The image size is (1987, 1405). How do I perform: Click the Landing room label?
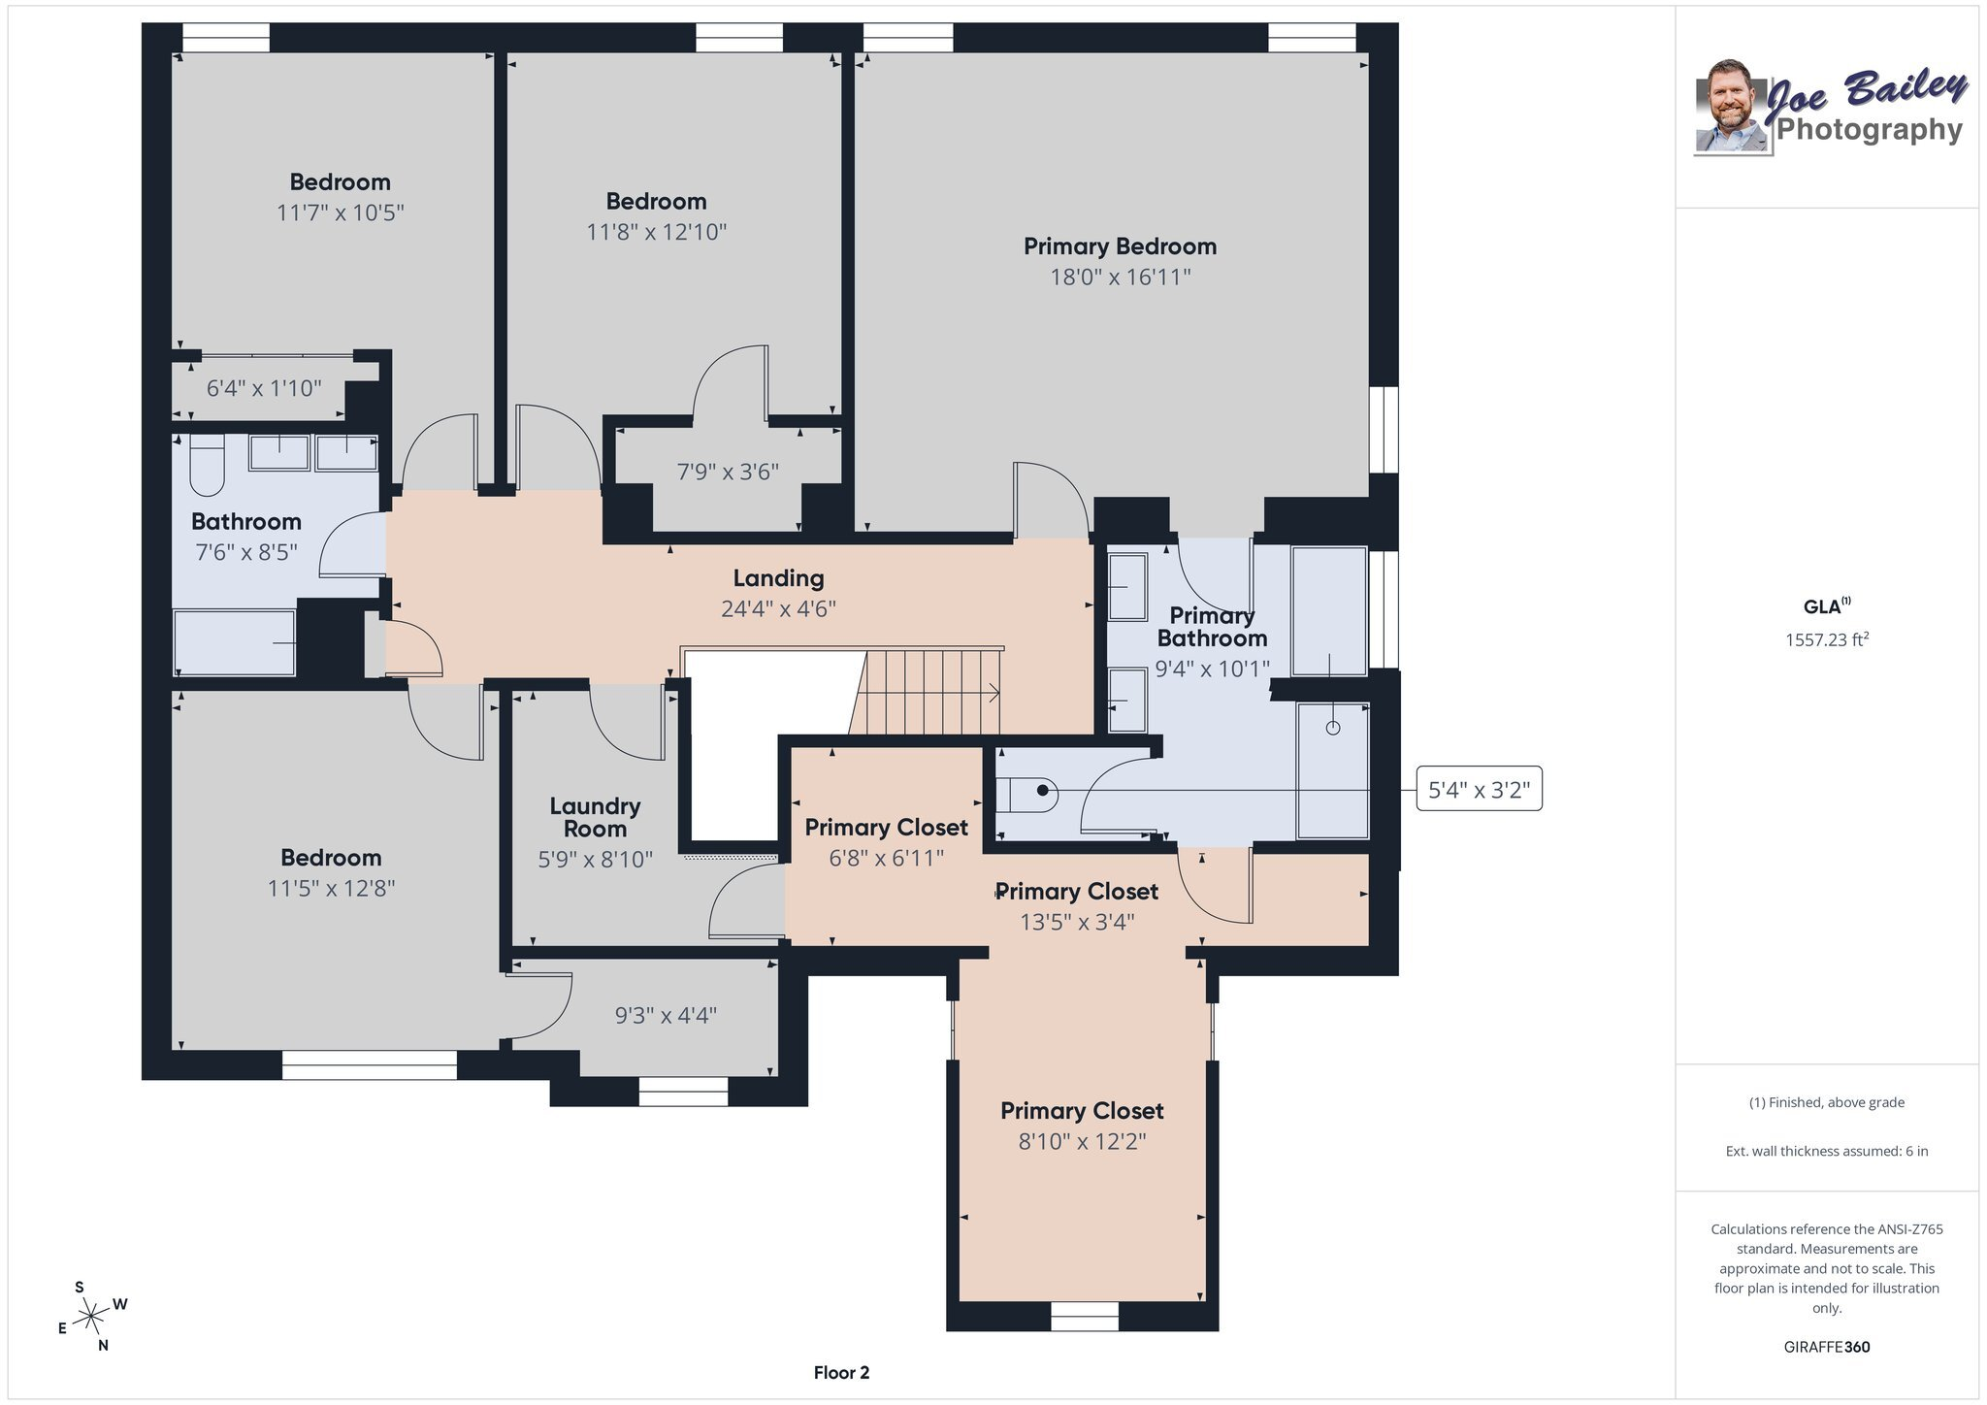tap(778, 578)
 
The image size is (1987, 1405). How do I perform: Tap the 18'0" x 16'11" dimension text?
tap(1121, 278)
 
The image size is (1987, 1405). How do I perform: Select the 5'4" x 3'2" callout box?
tap(1479, 790)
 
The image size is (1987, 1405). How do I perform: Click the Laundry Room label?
tap(595, 817)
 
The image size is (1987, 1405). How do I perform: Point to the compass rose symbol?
tap(91, 1316)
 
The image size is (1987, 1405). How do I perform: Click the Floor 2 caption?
tap(841, 1373)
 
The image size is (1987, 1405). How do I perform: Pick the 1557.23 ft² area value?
tap(1827, 639)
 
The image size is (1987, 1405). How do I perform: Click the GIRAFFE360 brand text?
tap(1827, 1347)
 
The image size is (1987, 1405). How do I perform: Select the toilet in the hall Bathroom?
tap(207, 464)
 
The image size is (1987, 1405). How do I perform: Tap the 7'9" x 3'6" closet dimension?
tap(728, 472)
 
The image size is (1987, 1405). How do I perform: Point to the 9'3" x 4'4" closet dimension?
tap(666, 1015)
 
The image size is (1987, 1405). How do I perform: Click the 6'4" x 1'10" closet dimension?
tap(264, 388)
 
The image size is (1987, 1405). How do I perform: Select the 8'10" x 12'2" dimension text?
tap(1082, 1141)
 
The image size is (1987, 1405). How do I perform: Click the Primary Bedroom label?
tap(1121, 246)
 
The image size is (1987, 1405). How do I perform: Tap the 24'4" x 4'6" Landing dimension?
tap(778, 609)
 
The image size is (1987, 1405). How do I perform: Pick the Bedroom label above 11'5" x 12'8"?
tap(331, 858)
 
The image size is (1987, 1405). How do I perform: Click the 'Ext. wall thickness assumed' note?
tap(1827, 1151)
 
